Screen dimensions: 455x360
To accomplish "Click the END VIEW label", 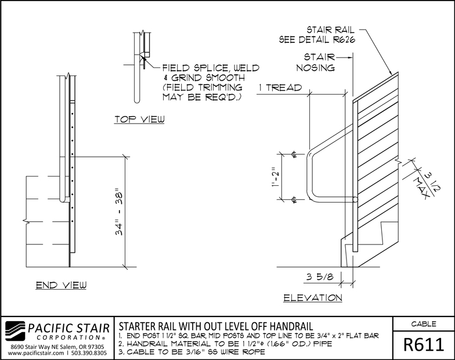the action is pos(62,285).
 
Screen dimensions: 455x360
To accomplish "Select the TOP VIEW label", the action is pos(139,120).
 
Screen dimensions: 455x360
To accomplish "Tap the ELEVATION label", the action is pos(313,298).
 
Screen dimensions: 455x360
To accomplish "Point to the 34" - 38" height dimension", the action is pos(120,214).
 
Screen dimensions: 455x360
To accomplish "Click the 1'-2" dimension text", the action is pos(276,177).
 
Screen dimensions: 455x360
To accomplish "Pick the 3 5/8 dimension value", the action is pos(319,276).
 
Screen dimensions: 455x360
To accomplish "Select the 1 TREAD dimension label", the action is pos(280,88).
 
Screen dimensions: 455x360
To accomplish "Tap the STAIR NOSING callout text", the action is pos(316,62).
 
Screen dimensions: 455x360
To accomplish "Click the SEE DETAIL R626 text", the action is pos(317,39).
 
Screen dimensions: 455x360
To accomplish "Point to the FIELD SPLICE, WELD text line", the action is pos(211,68).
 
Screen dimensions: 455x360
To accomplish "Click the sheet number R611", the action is pos(424,345).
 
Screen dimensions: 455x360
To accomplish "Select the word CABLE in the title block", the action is pos(424,324).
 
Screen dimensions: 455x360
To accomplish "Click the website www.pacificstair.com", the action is pos(36,353).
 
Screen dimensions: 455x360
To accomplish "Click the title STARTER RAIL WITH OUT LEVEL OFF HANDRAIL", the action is pos(216,326).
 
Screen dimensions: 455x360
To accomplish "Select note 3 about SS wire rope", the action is pos(192,352).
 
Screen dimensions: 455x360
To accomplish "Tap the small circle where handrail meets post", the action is pos(355,200).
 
